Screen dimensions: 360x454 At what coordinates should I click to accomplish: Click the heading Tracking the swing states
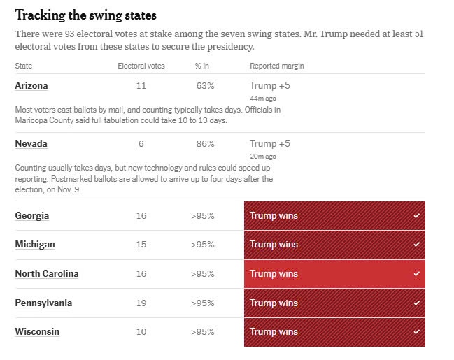point(86,15)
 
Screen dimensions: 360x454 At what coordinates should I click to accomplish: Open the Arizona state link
point(31,85)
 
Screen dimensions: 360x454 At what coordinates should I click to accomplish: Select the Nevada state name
point(31,143)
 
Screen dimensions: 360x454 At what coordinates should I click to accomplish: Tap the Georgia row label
point(32,215)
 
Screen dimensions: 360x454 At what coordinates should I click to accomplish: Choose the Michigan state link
point(35,244)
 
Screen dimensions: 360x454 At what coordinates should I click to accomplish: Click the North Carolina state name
point(47,273)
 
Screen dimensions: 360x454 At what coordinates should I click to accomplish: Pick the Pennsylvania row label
point(43,303)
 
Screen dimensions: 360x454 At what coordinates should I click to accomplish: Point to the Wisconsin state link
point(37,331)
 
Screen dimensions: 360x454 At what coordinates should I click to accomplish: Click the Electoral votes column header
point(141,66)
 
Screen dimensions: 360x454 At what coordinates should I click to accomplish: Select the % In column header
point(204,66)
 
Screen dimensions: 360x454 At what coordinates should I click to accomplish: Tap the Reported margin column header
point(276,66)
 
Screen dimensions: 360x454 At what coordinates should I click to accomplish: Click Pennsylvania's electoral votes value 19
point(141,303)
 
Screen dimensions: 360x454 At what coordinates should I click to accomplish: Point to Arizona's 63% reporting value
point(205,85)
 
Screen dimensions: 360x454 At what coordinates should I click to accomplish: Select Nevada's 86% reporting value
point(205,143)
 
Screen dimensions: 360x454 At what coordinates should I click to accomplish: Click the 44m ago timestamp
point(262,99)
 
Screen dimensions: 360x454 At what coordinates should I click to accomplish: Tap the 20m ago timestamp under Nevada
point(262,157)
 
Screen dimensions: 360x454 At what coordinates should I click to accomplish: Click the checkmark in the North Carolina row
point(416,274)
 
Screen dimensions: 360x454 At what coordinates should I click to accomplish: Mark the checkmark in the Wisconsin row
point(416,332)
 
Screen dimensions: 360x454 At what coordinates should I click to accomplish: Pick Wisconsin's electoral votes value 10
point(141,331)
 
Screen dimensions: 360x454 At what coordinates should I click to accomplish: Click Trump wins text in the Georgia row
point(274,215)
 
